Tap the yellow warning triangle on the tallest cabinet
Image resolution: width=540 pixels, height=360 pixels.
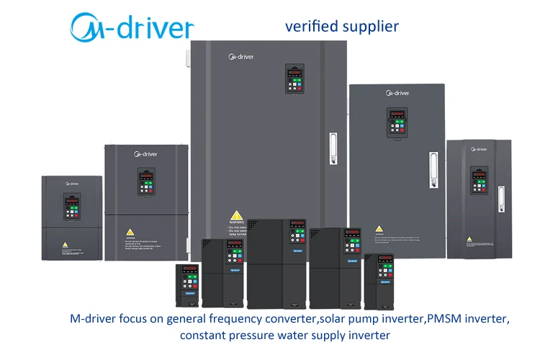click(x=235, y=215)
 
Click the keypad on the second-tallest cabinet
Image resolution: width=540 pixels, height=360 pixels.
click(x=398, y=124)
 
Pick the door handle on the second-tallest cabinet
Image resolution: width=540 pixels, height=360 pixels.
click(x=433, y=169)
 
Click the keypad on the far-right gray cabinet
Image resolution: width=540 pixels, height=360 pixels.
click(x=479, y=180)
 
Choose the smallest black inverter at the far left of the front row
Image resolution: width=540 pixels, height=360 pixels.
click(x=188, y=286)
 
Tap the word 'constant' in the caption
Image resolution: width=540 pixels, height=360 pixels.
click(x=204, y=336)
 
